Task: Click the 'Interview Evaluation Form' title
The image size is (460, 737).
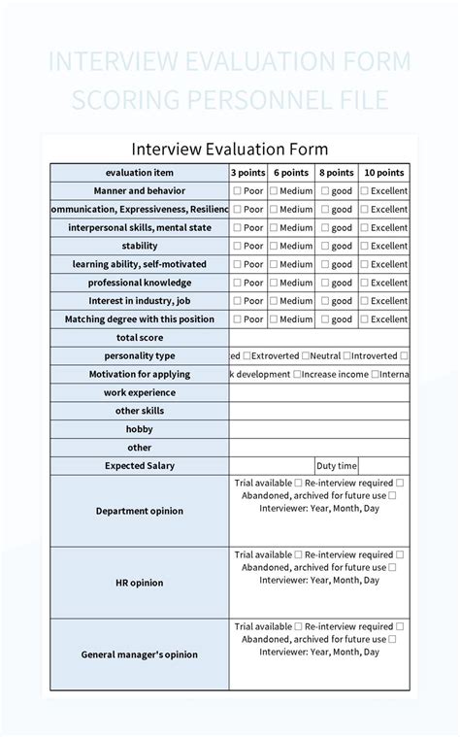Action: tap(230, 149)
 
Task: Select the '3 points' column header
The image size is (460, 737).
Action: tap(247, 172)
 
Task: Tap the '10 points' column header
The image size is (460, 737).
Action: tap(384, 172)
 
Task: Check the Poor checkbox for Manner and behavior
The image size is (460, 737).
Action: tap(237, 191)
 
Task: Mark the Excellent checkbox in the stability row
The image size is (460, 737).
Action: tap(365, 246)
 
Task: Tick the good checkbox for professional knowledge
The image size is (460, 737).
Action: tap(325, 283)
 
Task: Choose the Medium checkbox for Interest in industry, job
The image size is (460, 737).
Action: tap(274, 301)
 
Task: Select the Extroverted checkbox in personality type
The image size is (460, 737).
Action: tap(247, 356)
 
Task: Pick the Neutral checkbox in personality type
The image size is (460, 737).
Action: tap(306, 356)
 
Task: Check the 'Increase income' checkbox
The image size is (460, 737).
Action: tap(298, 375)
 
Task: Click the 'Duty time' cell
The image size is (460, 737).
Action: tap(337, 466)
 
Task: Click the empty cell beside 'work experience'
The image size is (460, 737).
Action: tap(318, 393)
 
